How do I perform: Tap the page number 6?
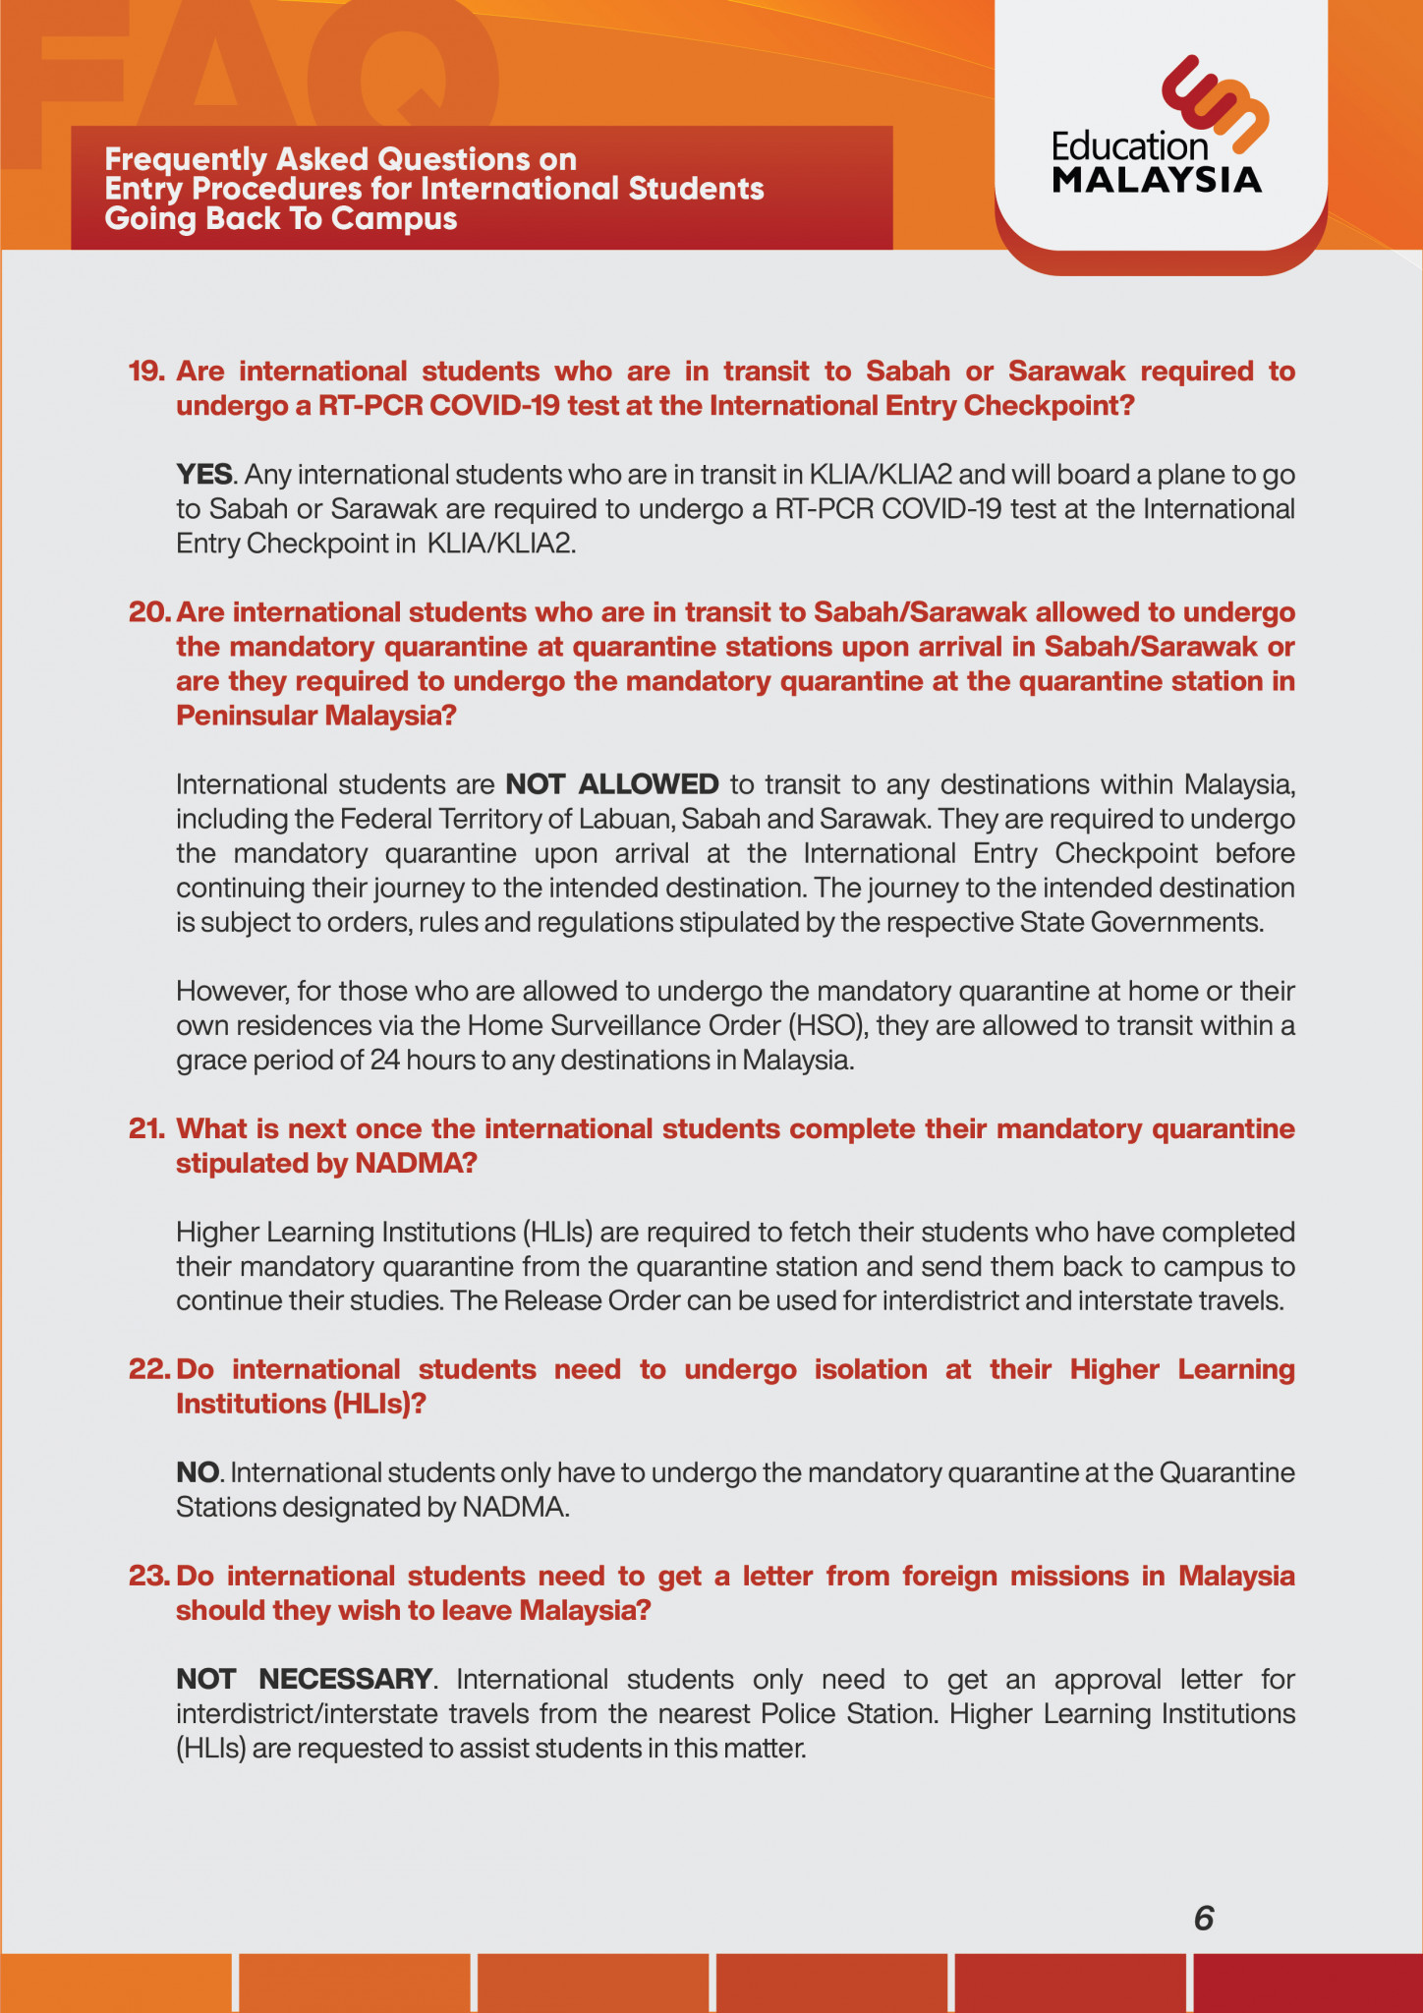click(x=1204, y=1918)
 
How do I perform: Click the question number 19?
click(x=146, y=372)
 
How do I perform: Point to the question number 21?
click(x=146, y=1128)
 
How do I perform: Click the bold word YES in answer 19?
click(x=204, y=475)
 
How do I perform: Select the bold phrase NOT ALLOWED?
click(x=612, y=784)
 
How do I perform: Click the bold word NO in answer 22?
click(x=198, y=1472)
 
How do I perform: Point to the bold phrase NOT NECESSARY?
click(x=305, y=1679)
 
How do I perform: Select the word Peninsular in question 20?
click(x=247, y=716)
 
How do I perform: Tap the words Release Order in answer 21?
click(x=593, y=1300)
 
